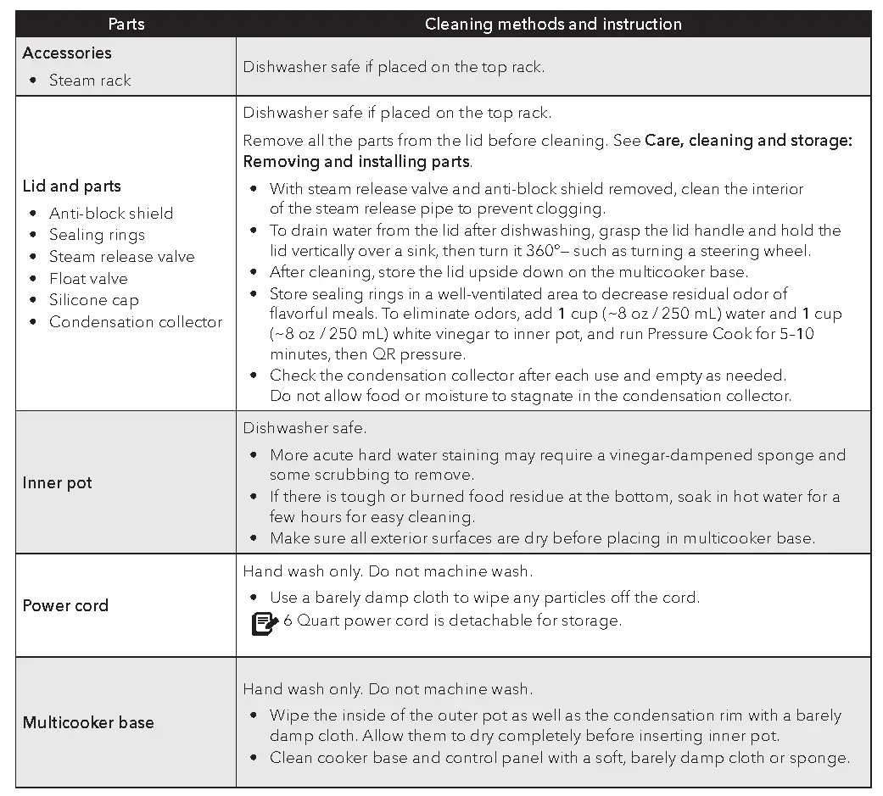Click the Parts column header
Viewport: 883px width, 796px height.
pos(126,24)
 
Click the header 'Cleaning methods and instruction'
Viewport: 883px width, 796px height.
pos(553,24)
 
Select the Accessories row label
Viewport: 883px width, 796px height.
pos(67,53)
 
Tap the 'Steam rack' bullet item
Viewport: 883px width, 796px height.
pos(90,80)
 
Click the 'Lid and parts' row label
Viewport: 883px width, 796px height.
pos(72,186)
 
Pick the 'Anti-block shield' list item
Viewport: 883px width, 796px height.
pos(111,213)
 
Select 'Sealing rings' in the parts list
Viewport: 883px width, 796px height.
pos(97,235)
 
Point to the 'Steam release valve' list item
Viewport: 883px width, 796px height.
pos(121,256)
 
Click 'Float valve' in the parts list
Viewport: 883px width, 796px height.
pos(88,278)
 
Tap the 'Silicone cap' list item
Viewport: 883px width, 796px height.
pos(93,300)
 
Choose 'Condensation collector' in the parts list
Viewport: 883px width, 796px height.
pos(136,321)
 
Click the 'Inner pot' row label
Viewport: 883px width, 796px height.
pos(58,482)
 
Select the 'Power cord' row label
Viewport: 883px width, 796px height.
pos(65,605)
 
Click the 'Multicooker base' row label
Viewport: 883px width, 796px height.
pos(88,722)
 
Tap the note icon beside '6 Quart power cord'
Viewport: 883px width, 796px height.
pos(265,623)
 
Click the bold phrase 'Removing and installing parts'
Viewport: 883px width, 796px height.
pos(356,161)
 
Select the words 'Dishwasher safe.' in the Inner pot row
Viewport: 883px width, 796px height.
pos(305,428)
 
